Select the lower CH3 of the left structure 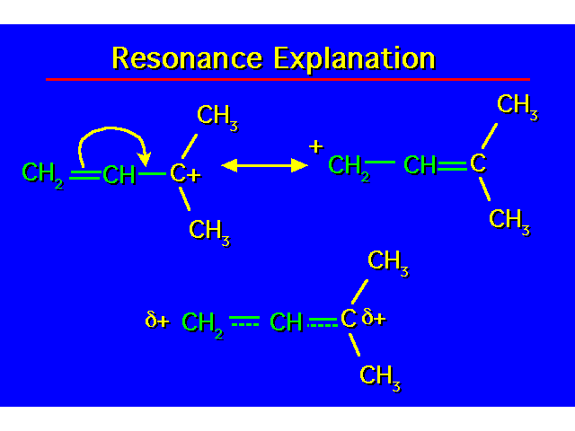pyautogui.click(x=209, y=231)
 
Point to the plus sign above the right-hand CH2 pyautogui.click(x=315, y=145)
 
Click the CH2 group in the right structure pyautogui.click(x=349, y=166)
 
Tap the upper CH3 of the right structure pyautogui.click(x=517, y=106)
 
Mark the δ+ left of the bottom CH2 pyautogui.click(x=157, y=320)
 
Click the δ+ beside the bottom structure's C pyautogui.click(x=374, y=317)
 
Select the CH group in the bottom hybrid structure pyautogui.click(x=287, y=321)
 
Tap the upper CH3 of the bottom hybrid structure pyautogui.click(x=388, y=261)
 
